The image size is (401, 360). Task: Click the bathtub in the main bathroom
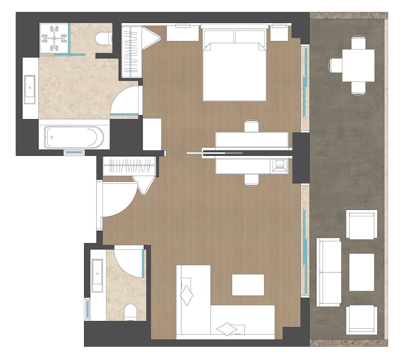click(x=74, y=137)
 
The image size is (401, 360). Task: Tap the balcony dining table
click(x=358, y=65)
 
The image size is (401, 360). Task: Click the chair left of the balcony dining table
click(x=335, y=65)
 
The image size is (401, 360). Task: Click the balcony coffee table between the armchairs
click(x=361, y=272)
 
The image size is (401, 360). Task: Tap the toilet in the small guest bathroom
click(x=130, y=312)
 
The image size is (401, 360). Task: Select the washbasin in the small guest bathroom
click(x=97, y=275)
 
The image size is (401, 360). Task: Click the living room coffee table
click(x=248, y=285)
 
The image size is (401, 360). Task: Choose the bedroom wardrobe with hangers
click(x=132, y=51)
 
